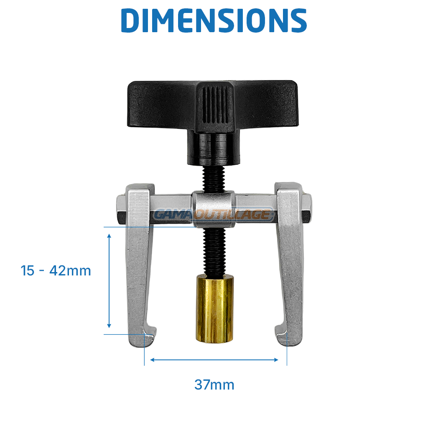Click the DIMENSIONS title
coord(214,20)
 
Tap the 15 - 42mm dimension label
coord(56,271)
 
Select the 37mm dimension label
coord(214,385)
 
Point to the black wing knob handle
coord(213,107)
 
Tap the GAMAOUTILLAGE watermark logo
coord(214,214)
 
